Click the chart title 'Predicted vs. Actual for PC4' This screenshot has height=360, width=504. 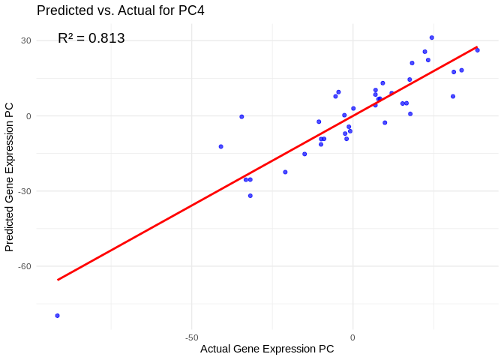[120, 10]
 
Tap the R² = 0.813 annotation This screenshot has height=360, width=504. [91, 38]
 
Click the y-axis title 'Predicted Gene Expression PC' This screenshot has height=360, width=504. [10, 176]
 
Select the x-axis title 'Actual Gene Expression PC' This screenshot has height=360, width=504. [267, 349]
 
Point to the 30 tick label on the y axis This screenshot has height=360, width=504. [26, 40]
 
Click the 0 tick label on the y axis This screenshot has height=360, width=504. [28, 116]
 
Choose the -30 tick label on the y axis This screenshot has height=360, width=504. [25, 191]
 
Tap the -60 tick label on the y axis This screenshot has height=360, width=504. [25, 266]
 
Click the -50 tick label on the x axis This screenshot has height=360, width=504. [191, 337]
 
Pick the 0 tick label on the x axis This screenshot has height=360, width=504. [352, 337]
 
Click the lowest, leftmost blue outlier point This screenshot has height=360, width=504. [57, 316]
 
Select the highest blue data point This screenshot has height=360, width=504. [431, 37]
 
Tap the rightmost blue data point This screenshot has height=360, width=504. [477, 50]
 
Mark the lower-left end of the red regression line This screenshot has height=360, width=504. [58, 280]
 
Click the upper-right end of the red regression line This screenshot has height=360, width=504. [477, 46]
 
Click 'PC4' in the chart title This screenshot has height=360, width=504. [190, 10]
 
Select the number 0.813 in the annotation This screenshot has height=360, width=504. [107, 38]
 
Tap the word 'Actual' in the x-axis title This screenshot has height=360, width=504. [215, 349]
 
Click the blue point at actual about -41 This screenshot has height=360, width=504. [220, 146]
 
